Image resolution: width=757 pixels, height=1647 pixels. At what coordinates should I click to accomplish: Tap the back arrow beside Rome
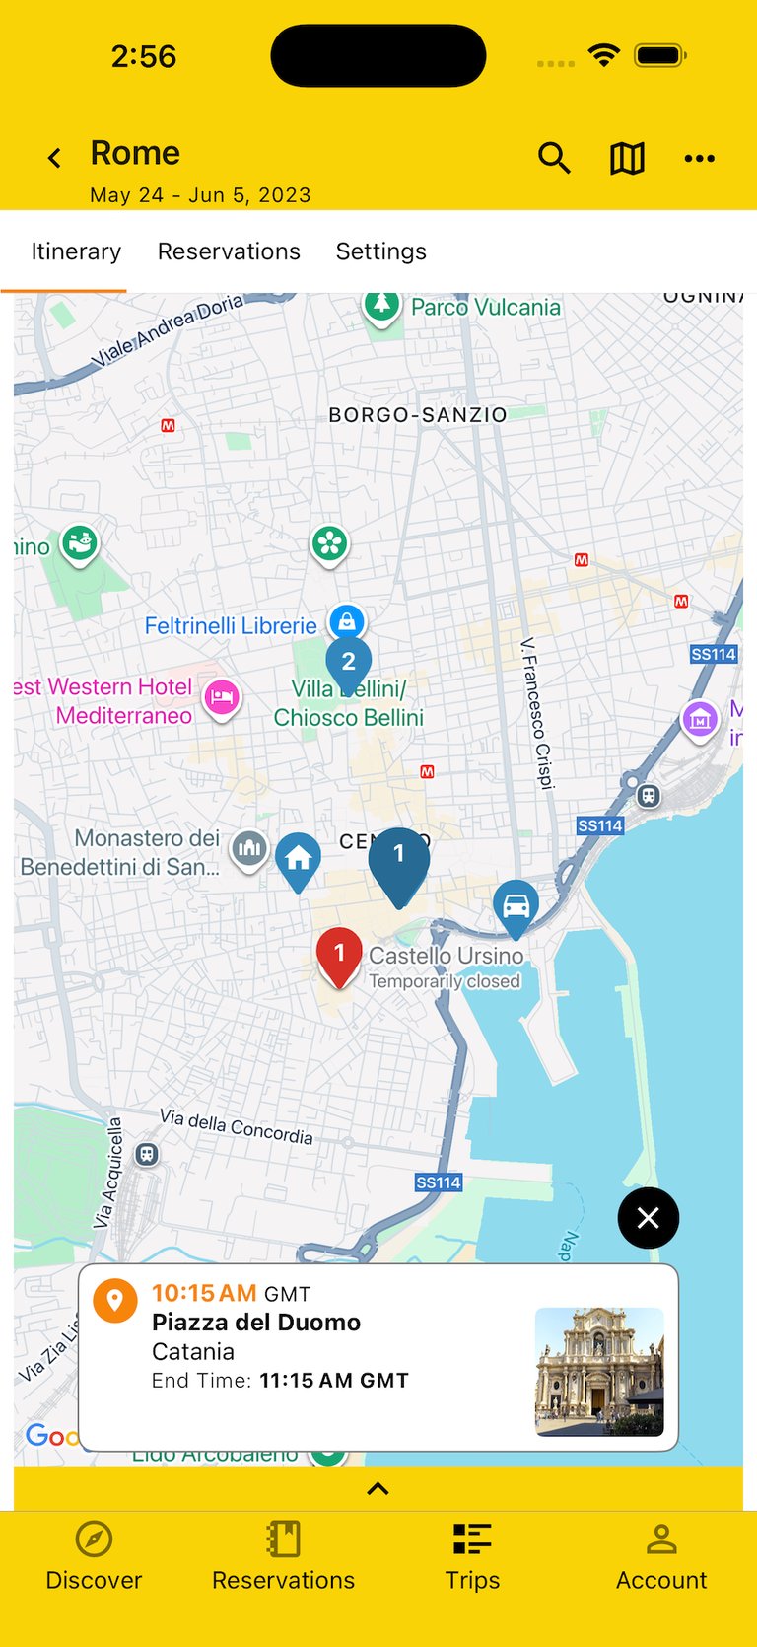tap(55, 158)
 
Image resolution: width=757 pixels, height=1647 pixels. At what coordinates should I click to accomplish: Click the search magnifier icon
tap(554, 158)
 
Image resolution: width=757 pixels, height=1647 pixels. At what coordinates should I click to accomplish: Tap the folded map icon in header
tap(627, 158)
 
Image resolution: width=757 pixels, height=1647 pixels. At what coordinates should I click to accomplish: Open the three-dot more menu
tap(699, 158)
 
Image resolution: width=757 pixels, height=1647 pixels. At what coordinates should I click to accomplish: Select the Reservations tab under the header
tap(229, 251)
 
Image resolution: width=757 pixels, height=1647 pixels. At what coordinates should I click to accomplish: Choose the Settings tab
tap(380, 251)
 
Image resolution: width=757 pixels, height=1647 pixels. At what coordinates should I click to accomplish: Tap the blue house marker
tap(298, 859)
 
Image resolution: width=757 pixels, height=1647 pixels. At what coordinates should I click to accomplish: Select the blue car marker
tap(516, 905)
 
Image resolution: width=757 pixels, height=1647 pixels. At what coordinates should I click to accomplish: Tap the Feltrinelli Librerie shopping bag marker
tap(347, 622)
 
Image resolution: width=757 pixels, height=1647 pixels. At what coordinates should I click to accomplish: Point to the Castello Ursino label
tap(446, 956)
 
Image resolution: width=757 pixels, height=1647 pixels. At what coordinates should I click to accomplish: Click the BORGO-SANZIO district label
tap(417, 415)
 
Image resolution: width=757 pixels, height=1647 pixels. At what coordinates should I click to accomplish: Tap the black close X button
tap(648, 1218)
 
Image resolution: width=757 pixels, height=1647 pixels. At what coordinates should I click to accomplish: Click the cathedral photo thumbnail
tap(599, 1371)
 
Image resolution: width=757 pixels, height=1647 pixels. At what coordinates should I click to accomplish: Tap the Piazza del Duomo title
tap(256, 1323)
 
